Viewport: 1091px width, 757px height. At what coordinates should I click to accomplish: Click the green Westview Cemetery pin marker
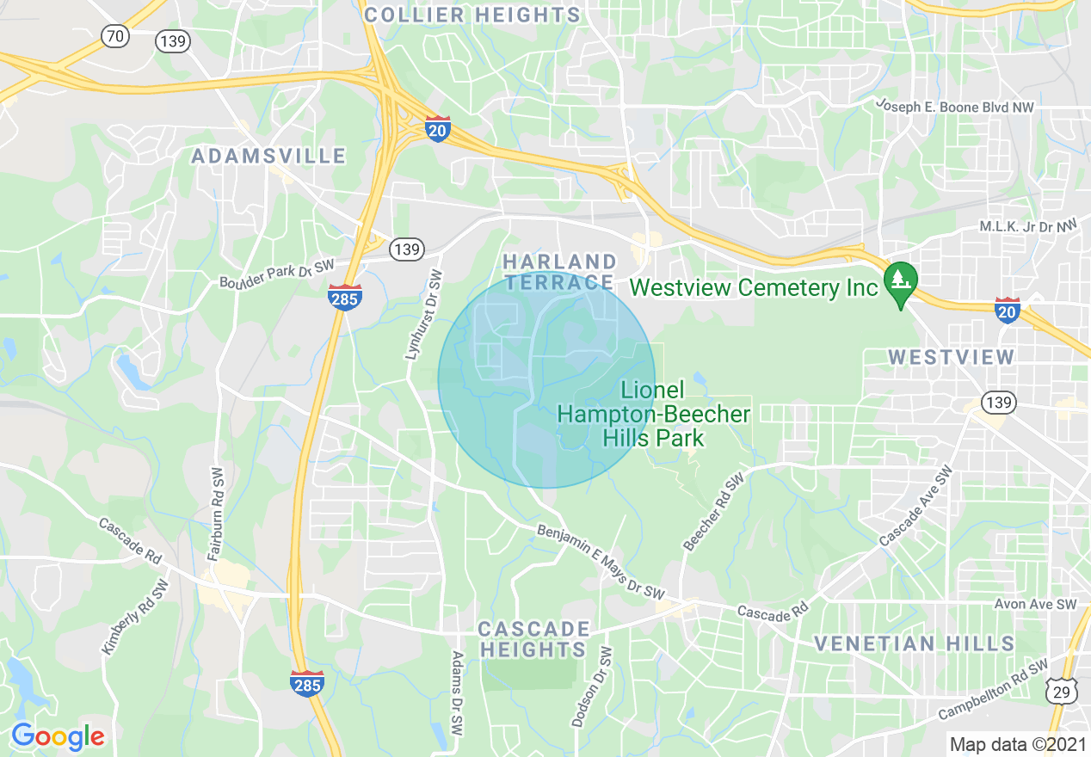pyautogui.click(x=901, y=282)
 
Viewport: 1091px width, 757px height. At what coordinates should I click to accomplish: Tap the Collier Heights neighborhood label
pyautogui.click(x=472, y=15)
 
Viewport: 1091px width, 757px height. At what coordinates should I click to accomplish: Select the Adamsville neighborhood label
pyautogui.click(x=268, y=156)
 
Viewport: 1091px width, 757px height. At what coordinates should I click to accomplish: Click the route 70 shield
pyautogui.click(x=114, y=36)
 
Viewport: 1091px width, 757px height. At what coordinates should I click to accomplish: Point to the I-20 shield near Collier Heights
pyautogui.click(x=438, y=129)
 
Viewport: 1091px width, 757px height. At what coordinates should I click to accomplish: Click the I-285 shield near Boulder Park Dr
pyautogui.click(x=344, y=297)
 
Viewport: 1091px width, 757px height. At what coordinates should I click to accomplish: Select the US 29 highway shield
pyautogui.click(x=1062, y=691)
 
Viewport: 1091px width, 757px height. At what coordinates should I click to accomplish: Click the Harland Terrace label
pyautogui.click(x=559, y=271)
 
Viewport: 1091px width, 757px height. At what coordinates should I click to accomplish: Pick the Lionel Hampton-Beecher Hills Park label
pyautogui.click(x=654, y=414)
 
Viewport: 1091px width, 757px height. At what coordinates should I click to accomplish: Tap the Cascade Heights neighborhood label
pyautogui.click(x=534, y=638)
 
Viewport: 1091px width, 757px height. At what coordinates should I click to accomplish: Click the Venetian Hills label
pyautogui.click(x=914, y=643)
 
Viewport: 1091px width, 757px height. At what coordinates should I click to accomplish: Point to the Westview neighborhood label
pyautogui.click(x=951, y=356)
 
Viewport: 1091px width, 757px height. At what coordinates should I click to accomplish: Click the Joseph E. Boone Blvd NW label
pyautogui.click(x=955, y=106)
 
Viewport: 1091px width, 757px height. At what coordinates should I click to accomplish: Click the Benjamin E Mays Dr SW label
pyautogui.click(x=601, y=563)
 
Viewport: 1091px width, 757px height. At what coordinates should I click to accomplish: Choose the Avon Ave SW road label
pyautogui.click(x=1036, y=605)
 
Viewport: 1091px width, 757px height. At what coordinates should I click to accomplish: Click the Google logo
pyautogui.click(x=58, y=736)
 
